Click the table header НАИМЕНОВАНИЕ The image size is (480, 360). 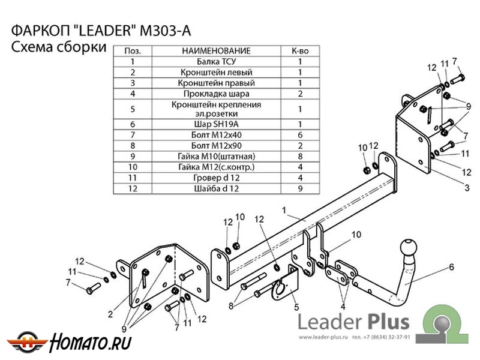coord(217,51)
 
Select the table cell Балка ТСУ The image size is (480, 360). coord(217,61)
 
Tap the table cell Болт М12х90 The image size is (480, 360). coord(217,145)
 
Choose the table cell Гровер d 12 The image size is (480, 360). coord(217,178)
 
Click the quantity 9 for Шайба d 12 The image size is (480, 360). coord(299,188)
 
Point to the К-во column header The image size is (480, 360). coord(299,51)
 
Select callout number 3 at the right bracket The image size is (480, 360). coord(466,188)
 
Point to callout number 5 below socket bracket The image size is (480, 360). coord(296,308)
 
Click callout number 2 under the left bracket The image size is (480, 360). coord(110,314)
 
